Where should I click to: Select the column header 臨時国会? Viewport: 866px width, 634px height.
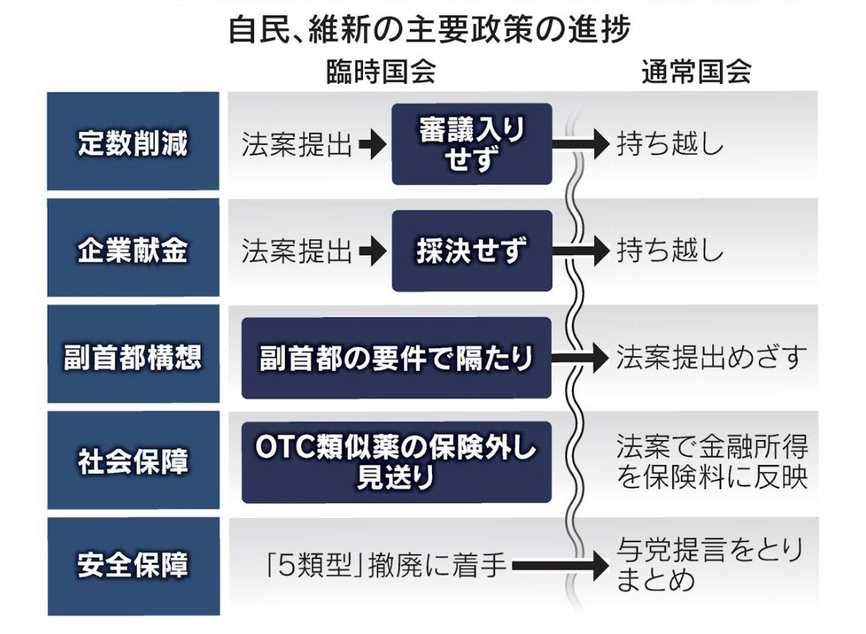(x=381, y=72)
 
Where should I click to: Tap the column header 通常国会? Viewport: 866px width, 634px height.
(x=696, y=72)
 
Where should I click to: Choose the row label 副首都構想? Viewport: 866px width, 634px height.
(x=133, y=359)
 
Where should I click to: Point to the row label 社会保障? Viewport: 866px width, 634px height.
(x=133, y=463)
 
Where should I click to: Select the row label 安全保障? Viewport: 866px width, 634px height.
(x=133, y=566)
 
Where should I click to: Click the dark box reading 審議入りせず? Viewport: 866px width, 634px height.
(x=472, y=144)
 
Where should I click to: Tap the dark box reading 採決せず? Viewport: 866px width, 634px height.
(x=472, y=251)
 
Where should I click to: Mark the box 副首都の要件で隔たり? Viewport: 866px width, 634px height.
(x=396, y=359)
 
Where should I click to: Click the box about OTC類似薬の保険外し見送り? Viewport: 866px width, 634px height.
(x=396, y=462)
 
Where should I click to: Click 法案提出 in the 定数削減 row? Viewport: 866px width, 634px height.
(x=297, y=145)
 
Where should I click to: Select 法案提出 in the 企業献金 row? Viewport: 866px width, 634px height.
(x=297, y=252)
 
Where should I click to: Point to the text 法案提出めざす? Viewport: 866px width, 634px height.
(x=711, y=359)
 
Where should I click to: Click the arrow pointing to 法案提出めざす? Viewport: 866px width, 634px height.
(x=580, y=359)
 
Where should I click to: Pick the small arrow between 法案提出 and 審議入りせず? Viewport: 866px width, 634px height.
(x=372, y=145)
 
